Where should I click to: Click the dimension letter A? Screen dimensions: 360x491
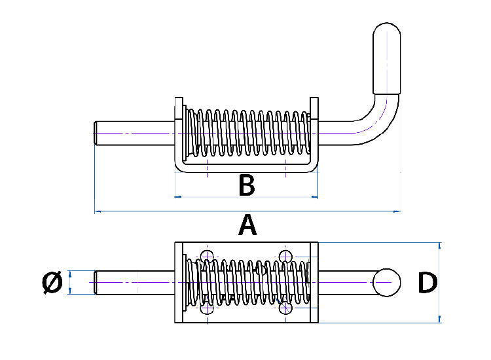247,225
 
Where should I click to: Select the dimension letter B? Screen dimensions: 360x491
246,186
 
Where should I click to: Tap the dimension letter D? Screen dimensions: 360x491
427,283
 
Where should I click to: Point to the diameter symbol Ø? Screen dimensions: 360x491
52,283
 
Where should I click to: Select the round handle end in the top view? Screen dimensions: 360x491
386,282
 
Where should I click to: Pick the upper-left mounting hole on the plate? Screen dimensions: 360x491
208,256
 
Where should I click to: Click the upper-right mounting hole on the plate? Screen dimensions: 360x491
285,256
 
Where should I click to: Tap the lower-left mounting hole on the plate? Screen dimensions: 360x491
208,308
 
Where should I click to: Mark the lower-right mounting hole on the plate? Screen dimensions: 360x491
285,308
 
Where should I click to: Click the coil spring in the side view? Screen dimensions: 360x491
247,133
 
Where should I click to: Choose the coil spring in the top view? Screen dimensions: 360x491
247,282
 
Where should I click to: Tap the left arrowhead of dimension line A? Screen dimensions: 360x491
98,211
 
